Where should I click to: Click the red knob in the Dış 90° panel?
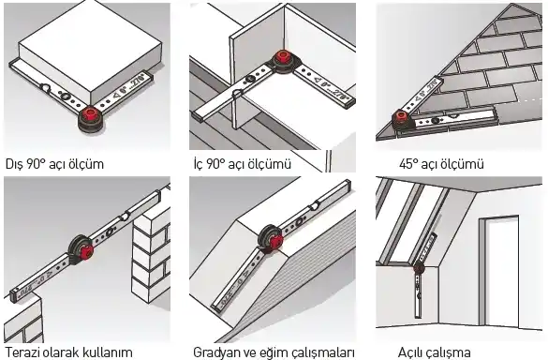point(92,113)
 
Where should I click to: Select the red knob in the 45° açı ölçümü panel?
point(399,116)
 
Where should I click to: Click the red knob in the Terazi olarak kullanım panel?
point(86,251)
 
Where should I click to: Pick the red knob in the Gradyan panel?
point(275,241)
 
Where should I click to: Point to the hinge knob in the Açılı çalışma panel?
point(419,268)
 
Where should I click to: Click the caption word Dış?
point(14,164)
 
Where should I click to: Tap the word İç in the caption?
point(199,164)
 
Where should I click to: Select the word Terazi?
point(22,352)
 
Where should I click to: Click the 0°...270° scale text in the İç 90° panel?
point(331,86)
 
